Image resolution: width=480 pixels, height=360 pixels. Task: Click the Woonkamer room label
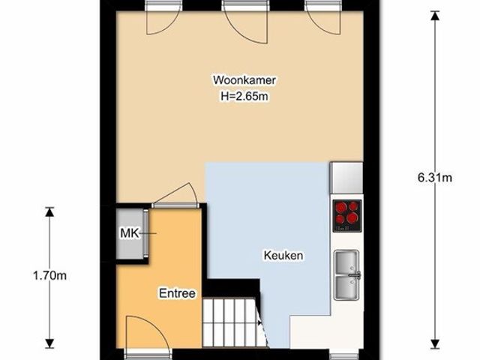coord(244,80)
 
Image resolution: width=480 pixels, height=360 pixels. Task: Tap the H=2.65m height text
coord(244,97)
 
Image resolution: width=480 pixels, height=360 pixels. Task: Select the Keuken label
coord(283,255)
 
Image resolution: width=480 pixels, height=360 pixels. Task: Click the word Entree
coord(177,293)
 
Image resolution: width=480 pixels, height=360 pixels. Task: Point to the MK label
coord(130,233)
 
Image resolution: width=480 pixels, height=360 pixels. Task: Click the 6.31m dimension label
coord(435,178)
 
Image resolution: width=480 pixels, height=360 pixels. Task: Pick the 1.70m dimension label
coord(49,276)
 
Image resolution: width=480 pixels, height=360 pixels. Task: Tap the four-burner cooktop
coord(347,216)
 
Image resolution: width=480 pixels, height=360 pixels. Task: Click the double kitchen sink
coord(346,275)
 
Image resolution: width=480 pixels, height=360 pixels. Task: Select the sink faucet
coord(355,275)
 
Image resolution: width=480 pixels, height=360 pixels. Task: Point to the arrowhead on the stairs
coord(260,322)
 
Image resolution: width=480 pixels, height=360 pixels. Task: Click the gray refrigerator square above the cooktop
coord(346,178)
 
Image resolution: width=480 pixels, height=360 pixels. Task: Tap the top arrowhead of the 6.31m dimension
coord(435,15)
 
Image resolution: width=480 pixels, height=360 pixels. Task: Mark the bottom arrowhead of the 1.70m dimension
coord(49,343)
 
